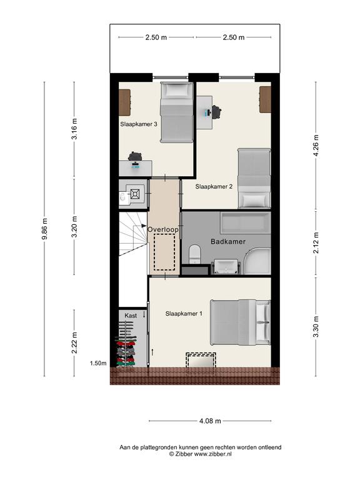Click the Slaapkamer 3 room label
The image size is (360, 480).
[139, 124]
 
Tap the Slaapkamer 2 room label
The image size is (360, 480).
[214, 186]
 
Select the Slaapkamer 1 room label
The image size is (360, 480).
[184, 314]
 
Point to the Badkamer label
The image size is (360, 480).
[228, 241]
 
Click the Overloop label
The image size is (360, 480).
[163, 229]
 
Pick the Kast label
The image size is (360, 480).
[131, 316]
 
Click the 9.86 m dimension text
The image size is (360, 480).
[45, 229]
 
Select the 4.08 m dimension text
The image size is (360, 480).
[210, 421]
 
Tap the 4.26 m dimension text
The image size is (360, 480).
[316, 146]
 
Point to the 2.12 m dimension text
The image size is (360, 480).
[316, 242]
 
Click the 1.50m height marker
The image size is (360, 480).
[98, 363]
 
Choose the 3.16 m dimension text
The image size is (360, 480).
[74, 129]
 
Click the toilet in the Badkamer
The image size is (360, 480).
[194, 254]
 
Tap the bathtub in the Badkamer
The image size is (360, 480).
[246, 222]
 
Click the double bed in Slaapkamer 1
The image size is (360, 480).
[240, 322]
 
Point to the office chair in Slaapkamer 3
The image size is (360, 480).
[135, 156]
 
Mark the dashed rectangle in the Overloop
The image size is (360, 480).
[164, 252]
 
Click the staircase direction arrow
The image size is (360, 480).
[140, 226]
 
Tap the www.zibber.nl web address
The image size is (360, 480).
[212, 454]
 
